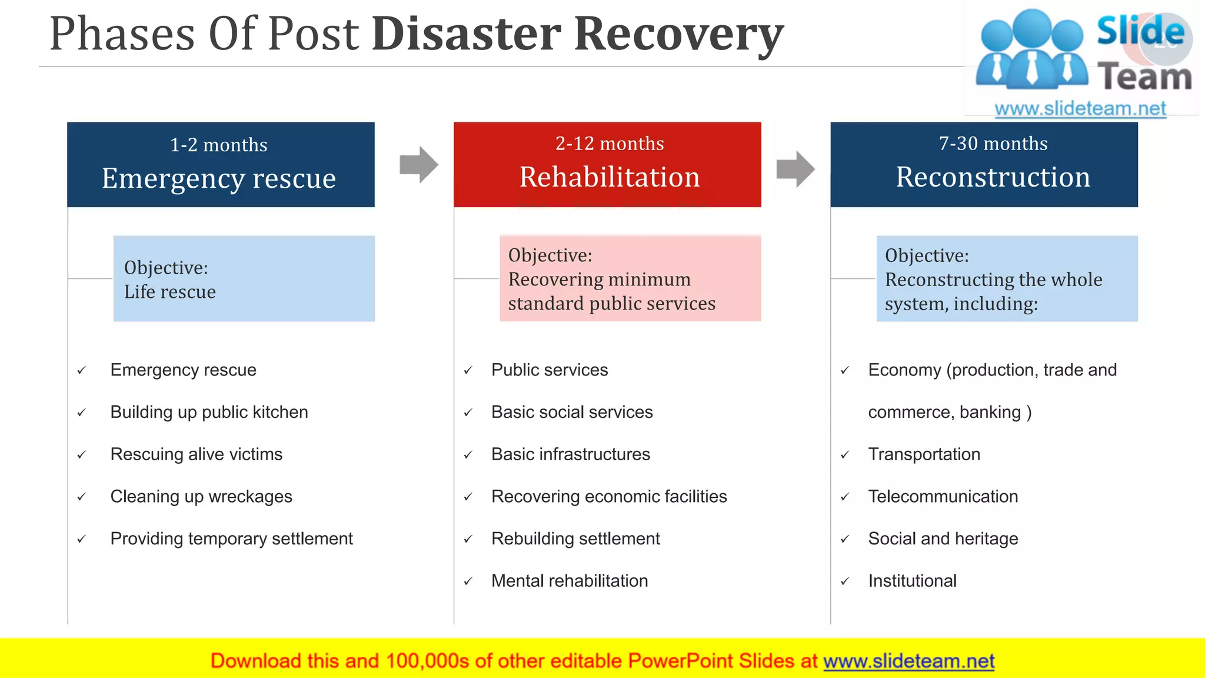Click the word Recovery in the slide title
(678, 34)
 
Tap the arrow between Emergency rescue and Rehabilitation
(418, 165)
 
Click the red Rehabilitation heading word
(610, 177)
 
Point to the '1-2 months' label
(219, 145)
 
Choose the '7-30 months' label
(993, 144)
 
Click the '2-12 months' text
(610, 144)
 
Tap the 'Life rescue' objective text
(170, 292)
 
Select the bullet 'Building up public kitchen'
(209, 412)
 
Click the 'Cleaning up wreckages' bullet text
(201, 497)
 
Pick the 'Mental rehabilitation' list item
(570, 581)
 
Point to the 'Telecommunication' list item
(943, 497)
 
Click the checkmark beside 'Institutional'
(845, 581)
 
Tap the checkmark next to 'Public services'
(468, 370)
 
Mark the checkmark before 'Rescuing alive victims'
(82, 455)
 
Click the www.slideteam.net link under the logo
(1080, 109)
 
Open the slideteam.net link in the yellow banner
(908, 661)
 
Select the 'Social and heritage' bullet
(943, 539)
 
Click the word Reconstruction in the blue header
(993, 177)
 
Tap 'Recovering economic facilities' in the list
(609, 497)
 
